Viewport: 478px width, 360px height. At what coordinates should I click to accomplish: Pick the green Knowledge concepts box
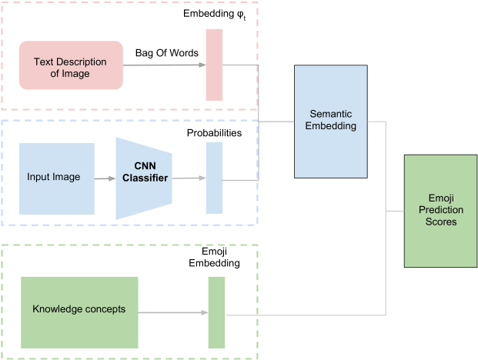79,310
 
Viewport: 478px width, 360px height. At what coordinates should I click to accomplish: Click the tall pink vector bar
214,65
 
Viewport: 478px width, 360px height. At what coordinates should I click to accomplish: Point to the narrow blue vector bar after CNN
214,178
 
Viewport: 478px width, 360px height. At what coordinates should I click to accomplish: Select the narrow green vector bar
216,312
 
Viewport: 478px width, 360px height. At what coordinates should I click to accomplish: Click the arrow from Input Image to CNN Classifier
105,178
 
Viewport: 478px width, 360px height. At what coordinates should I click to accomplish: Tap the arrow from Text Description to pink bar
163,65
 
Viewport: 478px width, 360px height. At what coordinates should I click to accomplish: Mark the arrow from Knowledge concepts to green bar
172,312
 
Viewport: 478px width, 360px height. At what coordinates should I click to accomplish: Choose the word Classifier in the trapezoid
145,178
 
